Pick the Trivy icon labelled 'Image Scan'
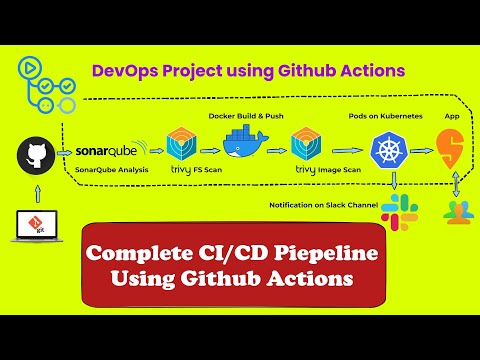point(306,144)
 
